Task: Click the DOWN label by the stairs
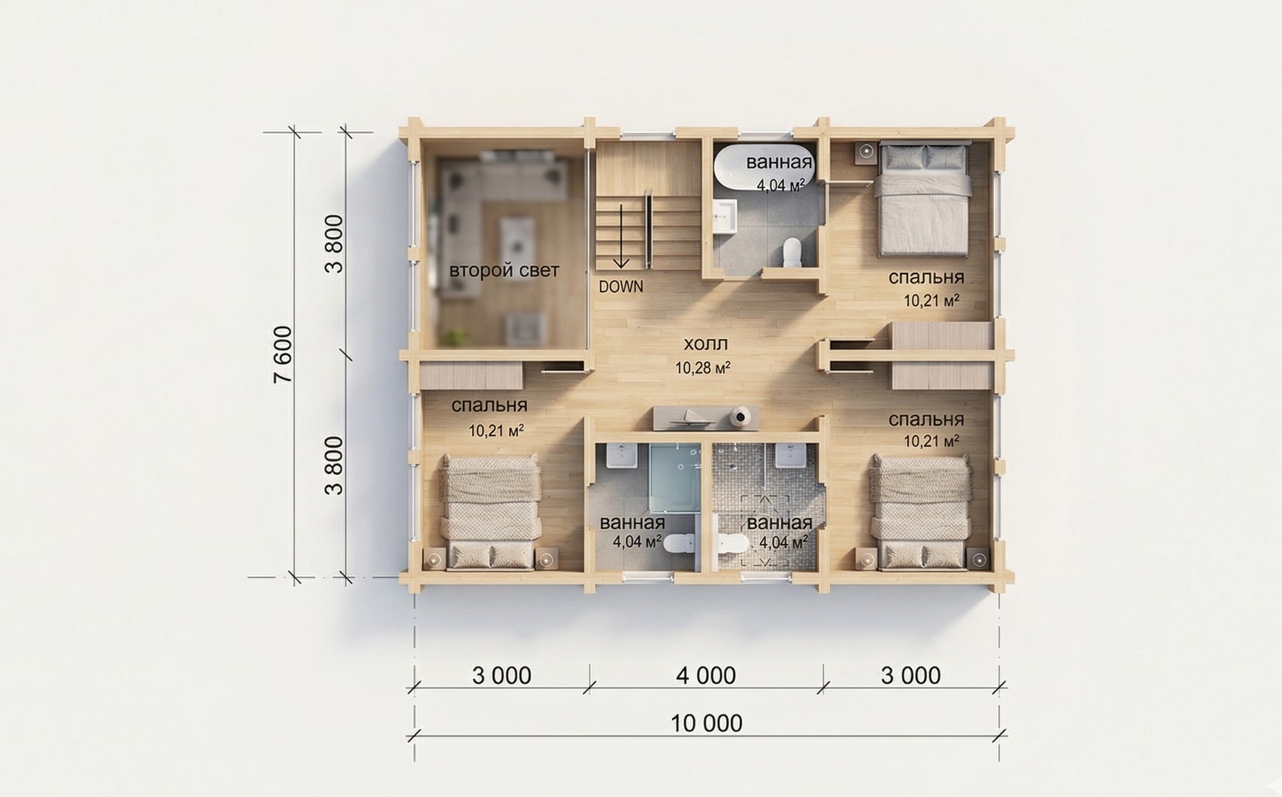[x=620, y=287]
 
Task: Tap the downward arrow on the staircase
[x=621, y=236]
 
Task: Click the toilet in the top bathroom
[x=792, y=251]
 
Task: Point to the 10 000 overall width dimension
[x=707, y=722]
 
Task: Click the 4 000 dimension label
[x=706, y=675]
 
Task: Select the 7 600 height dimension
[x=283, y=355]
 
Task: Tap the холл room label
[x=705, y=343]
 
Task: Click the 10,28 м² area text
[x=703, y=367]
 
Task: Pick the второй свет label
[x=504, y=270]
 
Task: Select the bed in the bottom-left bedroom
[x=490, y=513]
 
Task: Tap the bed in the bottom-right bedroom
[x=921, y=513]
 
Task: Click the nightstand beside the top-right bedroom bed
[x=866, y=152]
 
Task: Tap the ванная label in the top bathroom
[x=779, y=162]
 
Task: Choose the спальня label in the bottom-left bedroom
[x=489, y=406]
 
